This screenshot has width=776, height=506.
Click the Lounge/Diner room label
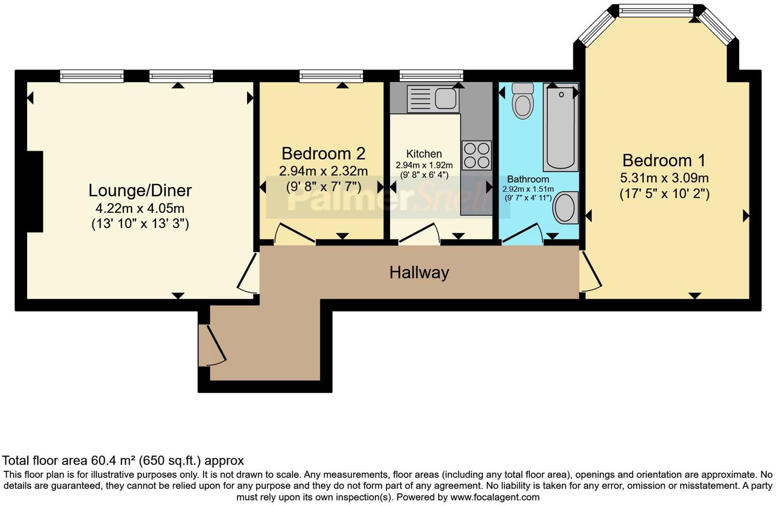click(x=140, y=190)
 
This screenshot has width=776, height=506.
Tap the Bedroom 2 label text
click(x=323, y=153)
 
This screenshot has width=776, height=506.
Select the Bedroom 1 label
click(x=664, y=160)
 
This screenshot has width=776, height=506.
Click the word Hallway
click(x=419, y=272)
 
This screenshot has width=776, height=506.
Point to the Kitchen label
click(x=424, y=154)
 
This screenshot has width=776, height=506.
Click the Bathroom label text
click(x=528, y=179)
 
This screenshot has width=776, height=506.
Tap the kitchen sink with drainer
click(x=432, y=98)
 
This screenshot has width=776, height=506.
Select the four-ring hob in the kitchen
click(x=476, y=155)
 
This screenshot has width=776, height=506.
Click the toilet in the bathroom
click(x=523, y=101)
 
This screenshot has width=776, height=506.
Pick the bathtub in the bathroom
click(x=561, y=128)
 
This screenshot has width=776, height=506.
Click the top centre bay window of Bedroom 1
click(x=656, y=11)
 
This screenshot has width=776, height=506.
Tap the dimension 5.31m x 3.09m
click(x=664, y=178)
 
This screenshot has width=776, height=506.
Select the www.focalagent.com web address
click(x=495, y=497)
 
